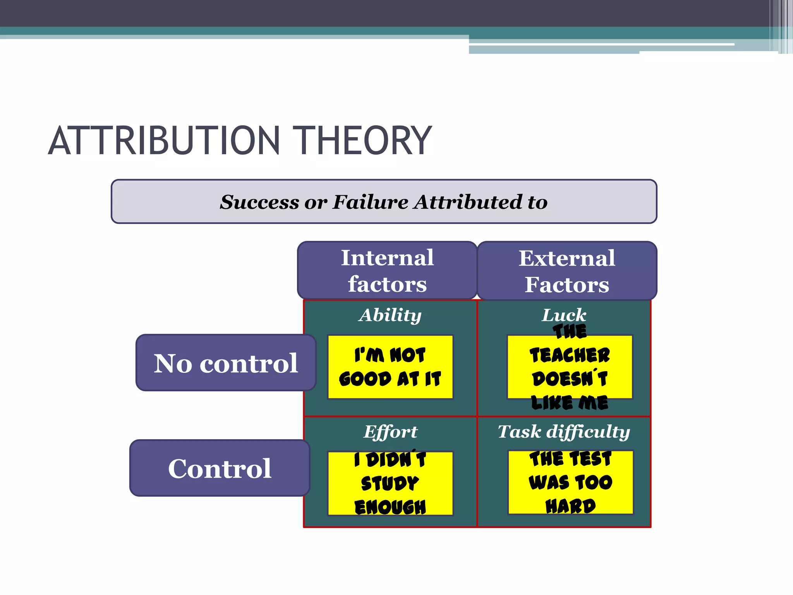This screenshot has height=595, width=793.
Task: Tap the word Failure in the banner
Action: coord(371,202)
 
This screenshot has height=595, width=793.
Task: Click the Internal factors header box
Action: coord(387,270)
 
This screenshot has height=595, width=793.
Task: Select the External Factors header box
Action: coord(567,270)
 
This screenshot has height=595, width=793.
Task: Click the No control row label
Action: coord(226,363)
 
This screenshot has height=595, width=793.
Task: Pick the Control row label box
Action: coord(220,468)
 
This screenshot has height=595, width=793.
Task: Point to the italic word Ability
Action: coord(390,315)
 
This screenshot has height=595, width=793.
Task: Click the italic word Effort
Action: coord(390,432)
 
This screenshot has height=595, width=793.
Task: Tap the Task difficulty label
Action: coord(564,432)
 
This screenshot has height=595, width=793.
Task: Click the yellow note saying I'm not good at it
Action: coord(390,367)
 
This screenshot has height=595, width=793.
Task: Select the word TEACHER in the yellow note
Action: coord(570,355)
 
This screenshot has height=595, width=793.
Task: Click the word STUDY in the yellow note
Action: coord(390,483)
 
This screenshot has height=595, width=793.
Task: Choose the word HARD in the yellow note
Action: coord(570,506)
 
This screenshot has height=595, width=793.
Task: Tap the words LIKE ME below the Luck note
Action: coord(570,403)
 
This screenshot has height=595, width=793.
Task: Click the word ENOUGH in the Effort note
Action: coord(390,507)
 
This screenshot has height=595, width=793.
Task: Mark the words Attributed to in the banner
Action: coord(481,202)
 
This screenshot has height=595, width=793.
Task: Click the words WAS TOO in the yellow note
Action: coord(570,483)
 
